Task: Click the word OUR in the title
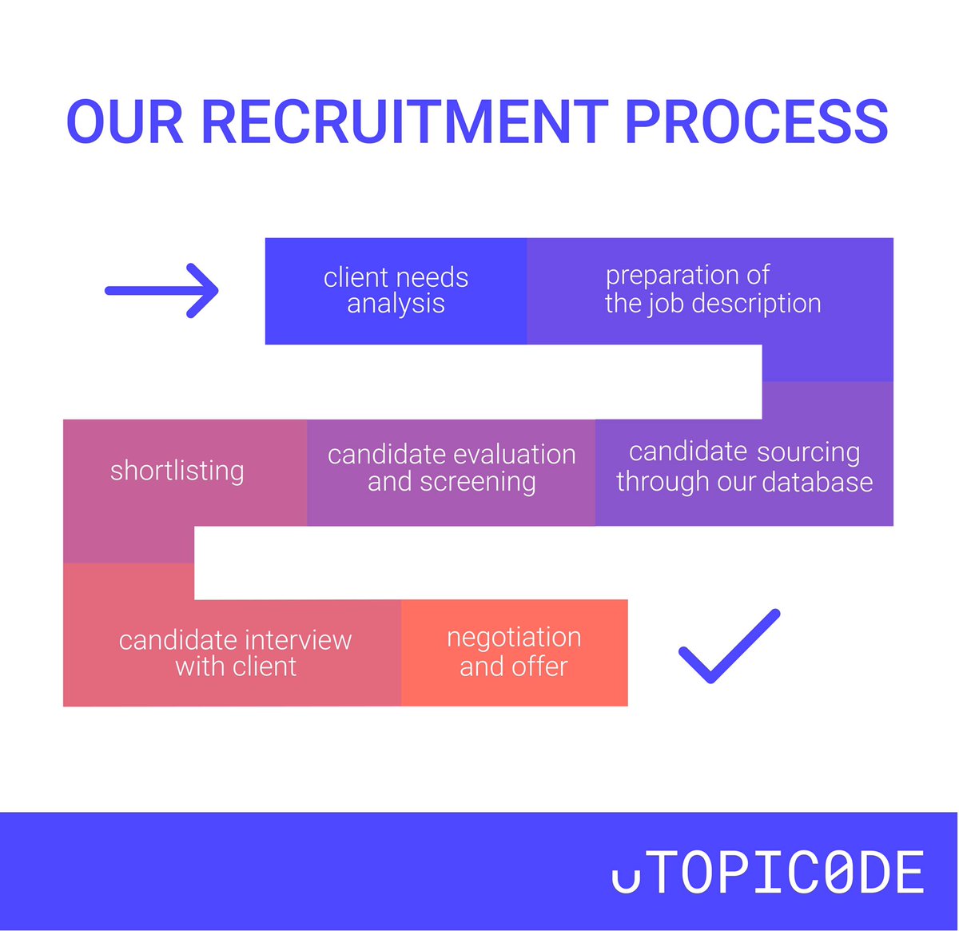125,122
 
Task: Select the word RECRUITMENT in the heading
405,122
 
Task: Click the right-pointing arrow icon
162,291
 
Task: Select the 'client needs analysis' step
396,291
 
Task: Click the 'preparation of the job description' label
712,289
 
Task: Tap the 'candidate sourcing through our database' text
744,467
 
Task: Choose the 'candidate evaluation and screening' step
452,468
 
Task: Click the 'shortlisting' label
177,471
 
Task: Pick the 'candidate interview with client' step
235,653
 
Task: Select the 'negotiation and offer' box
514,652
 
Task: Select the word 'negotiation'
514,638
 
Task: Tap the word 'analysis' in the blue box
396,304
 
